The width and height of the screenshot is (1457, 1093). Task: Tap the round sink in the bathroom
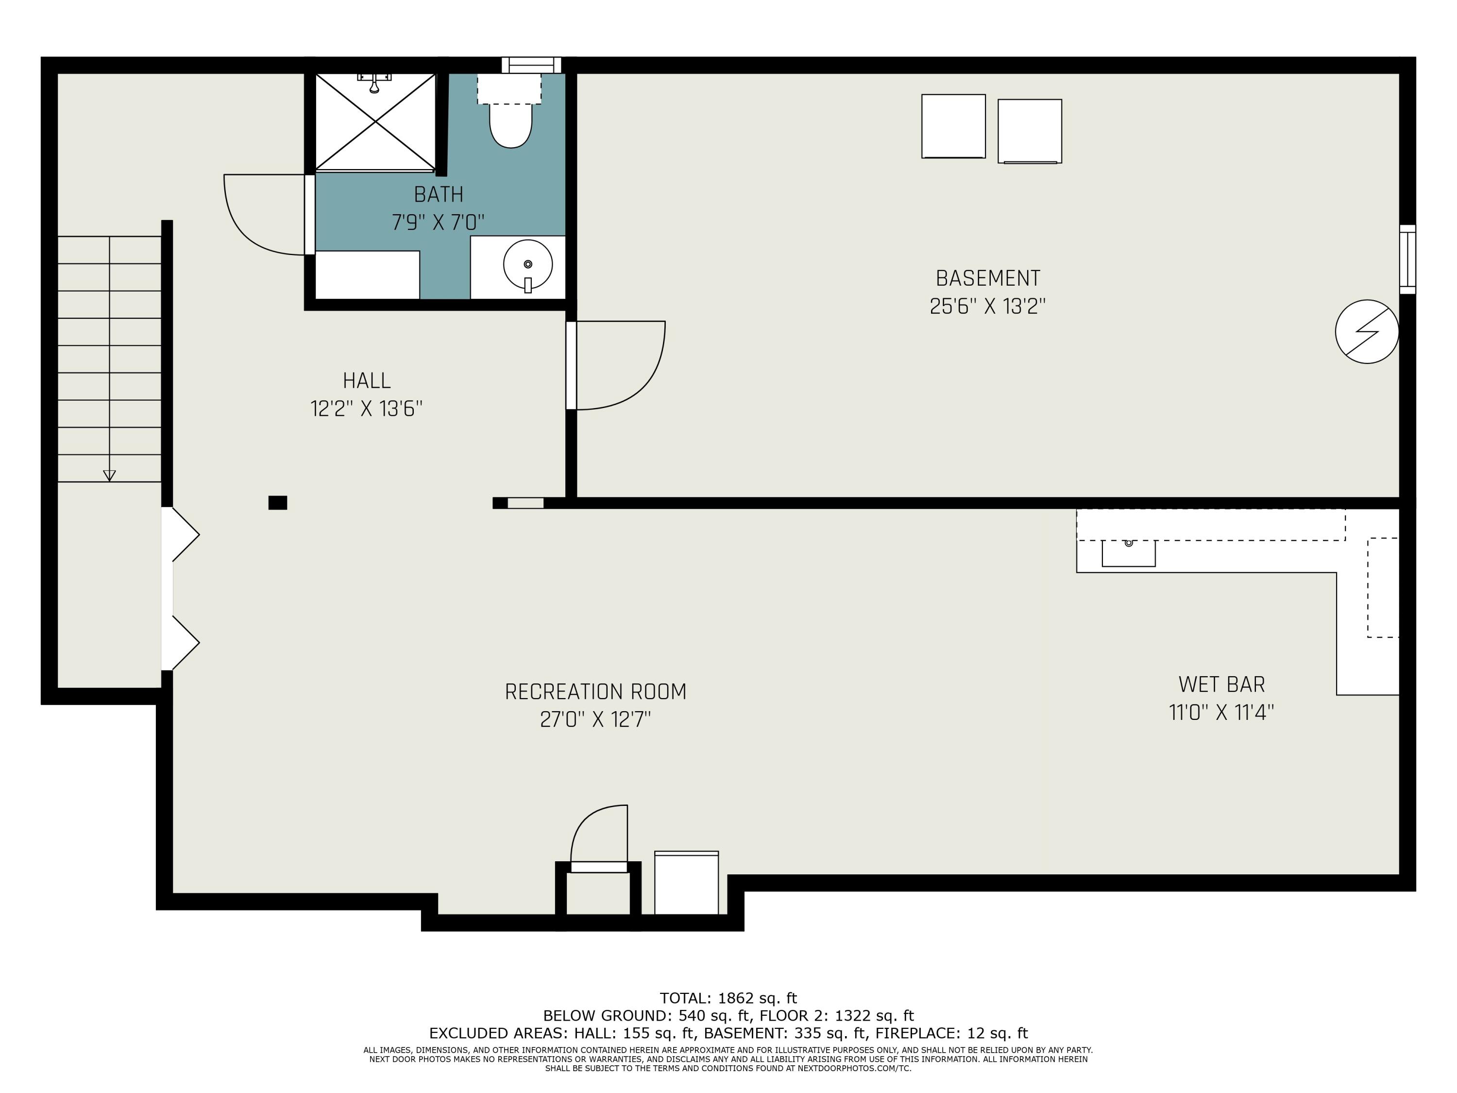(527, 264)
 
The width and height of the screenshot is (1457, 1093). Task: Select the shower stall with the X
(375, 122)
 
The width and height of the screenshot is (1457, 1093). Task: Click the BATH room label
(439, 194)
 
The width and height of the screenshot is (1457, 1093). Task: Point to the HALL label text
(367, 381)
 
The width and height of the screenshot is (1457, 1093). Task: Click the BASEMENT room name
(988, 278)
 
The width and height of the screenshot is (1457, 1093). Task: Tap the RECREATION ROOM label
(595, 692)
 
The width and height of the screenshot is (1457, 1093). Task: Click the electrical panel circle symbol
(1367, 331)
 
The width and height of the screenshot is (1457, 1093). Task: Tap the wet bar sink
(1128, 553)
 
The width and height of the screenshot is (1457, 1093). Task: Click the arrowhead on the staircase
(109, 476)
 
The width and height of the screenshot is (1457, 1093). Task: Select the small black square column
(277, 503)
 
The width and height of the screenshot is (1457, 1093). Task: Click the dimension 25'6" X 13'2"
(988, 307)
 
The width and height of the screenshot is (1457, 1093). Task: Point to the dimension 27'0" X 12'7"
(595, 719)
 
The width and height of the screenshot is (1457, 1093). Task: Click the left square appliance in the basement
(953, 126)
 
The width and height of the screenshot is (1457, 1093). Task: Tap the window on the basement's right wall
(1407, 259)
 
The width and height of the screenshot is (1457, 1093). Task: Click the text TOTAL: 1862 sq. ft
(728, 998)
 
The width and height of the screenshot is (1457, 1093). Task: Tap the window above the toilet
(531, 65)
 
